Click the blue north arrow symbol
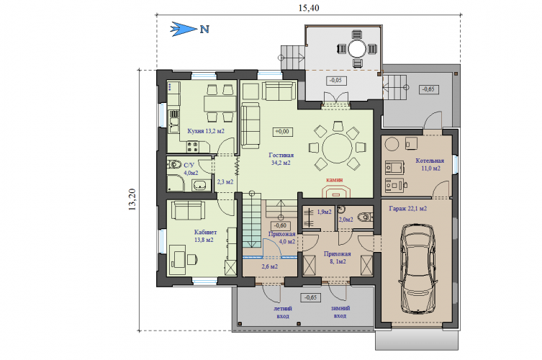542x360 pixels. tap(184, 29)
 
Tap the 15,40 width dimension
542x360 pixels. tap(309, 8)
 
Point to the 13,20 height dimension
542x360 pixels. tap(132, 199)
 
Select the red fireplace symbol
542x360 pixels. tap(336, 192)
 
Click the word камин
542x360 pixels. tap(335, 180)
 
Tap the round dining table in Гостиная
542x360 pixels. tap(337, 148)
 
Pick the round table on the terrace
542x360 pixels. tap(357, 49)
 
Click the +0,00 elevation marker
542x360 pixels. tap(282, 132)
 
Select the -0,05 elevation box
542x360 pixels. tap(336, 80)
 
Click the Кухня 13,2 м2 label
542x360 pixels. tap(206, 131)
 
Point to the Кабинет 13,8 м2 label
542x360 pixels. tap(204, 236)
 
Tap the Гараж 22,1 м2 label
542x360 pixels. tap(407, 209)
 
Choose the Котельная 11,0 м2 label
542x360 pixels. tap(430, 165)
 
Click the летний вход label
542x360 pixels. tap(283, 312)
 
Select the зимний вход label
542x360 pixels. tap(340, 312)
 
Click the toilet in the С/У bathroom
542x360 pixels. tap(174, 164)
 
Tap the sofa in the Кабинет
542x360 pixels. tap(188, 210)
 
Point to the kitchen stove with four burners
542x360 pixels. tap(192, 147)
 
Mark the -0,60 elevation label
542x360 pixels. tap(280, 225)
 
